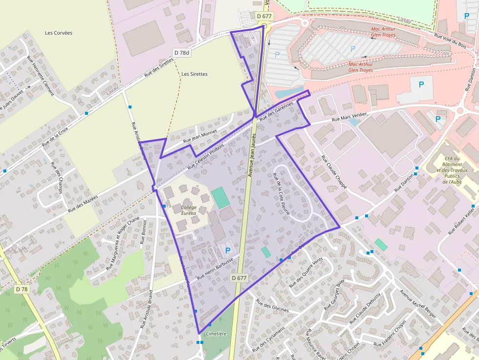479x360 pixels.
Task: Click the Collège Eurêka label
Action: point(189,210)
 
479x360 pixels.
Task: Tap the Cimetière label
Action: point(217,334)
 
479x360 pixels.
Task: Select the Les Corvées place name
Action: point(59,33)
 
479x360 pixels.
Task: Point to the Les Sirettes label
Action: point(195,74)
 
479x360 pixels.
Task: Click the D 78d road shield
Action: point(181,52)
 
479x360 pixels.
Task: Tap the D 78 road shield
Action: point(22,289)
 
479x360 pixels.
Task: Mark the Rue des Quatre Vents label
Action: point(306,272)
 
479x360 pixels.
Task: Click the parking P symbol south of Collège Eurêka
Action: point(227,250)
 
